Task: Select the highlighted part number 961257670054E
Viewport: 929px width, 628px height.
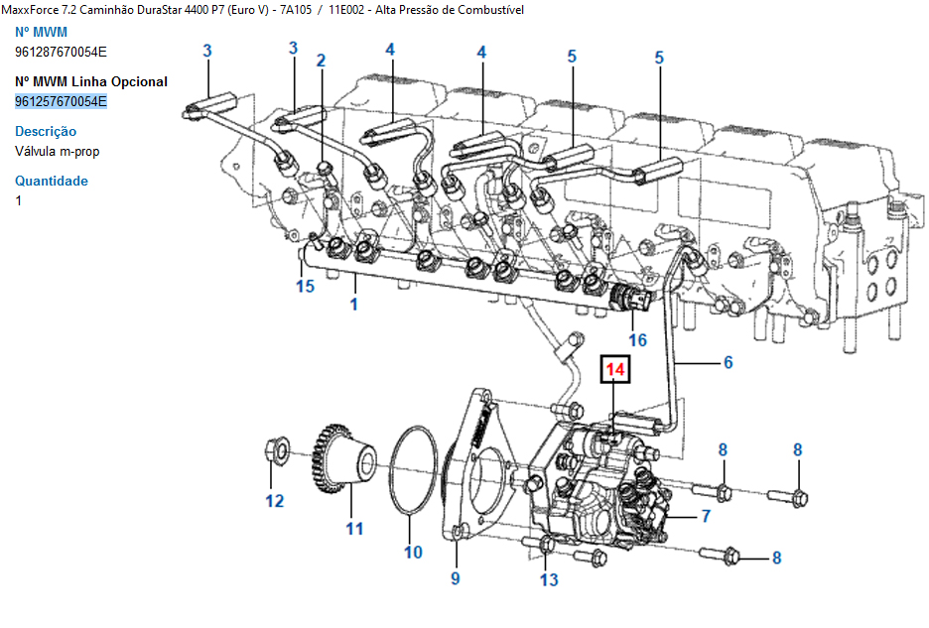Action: [x=61, y=101]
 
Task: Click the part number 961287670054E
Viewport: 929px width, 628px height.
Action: [x=61, y=52]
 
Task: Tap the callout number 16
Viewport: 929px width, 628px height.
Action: [x=636, y=339]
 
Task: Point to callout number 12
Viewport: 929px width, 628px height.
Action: [x=274, y=500]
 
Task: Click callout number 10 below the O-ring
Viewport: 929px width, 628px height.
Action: [x=413, y=552]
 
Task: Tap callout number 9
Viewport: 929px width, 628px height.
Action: [x=456, y=576]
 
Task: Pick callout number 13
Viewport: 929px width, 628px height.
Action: [x=549, y=579]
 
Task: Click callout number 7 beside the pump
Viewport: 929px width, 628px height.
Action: [x=706, y=515]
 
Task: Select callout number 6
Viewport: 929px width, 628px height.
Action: [x=728, y=363]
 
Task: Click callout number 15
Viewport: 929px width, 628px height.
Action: [x=305, y=286]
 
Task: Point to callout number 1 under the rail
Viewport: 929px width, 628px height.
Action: [x=353, y=304]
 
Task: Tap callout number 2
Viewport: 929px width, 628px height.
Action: [x=321, y=61]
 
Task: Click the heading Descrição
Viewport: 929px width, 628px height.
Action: [x=46, y=131]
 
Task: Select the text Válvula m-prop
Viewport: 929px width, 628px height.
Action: [x=58, y=151]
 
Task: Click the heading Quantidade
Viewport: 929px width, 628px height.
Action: [x=52, y=181]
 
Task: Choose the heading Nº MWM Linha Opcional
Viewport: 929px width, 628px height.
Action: [x=91, y=81]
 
